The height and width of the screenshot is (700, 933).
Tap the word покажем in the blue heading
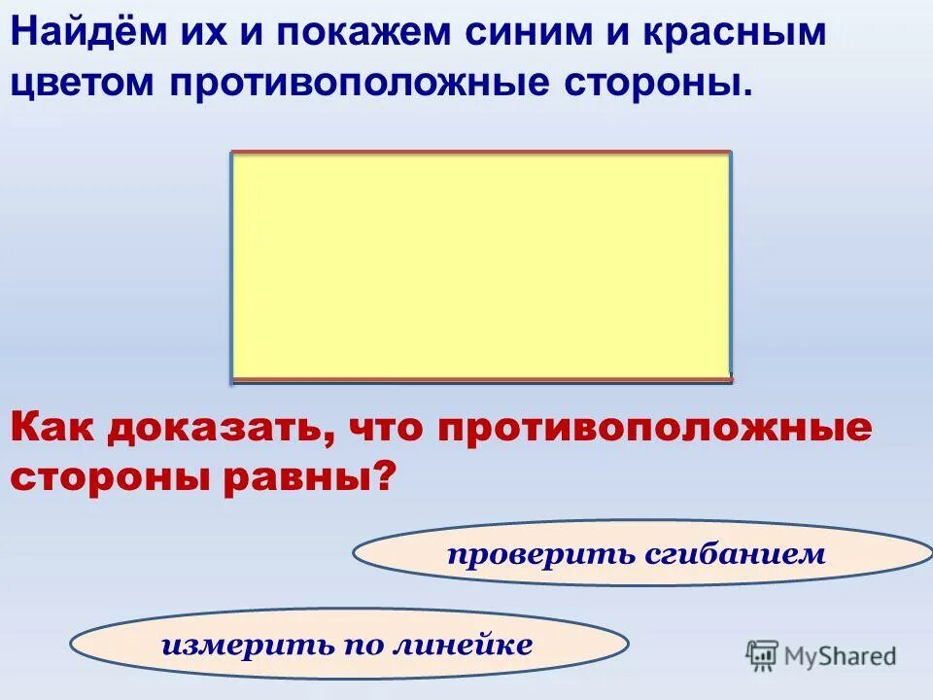coord(361,33)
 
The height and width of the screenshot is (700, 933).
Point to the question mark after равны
coord(387,476)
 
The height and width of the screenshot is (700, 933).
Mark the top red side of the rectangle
coord(481,153)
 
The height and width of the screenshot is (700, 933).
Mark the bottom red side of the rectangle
coord(481,378)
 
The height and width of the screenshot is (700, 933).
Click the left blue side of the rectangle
coord(232,265)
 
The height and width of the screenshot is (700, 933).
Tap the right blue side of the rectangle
coord(730,265)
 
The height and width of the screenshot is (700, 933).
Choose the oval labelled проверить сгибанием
coord(641,552)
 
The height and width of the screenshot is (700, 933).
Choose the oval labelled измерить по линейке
coord(350,644)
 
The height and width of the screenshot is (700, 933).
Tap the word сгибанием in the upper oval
coord(735,554)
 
